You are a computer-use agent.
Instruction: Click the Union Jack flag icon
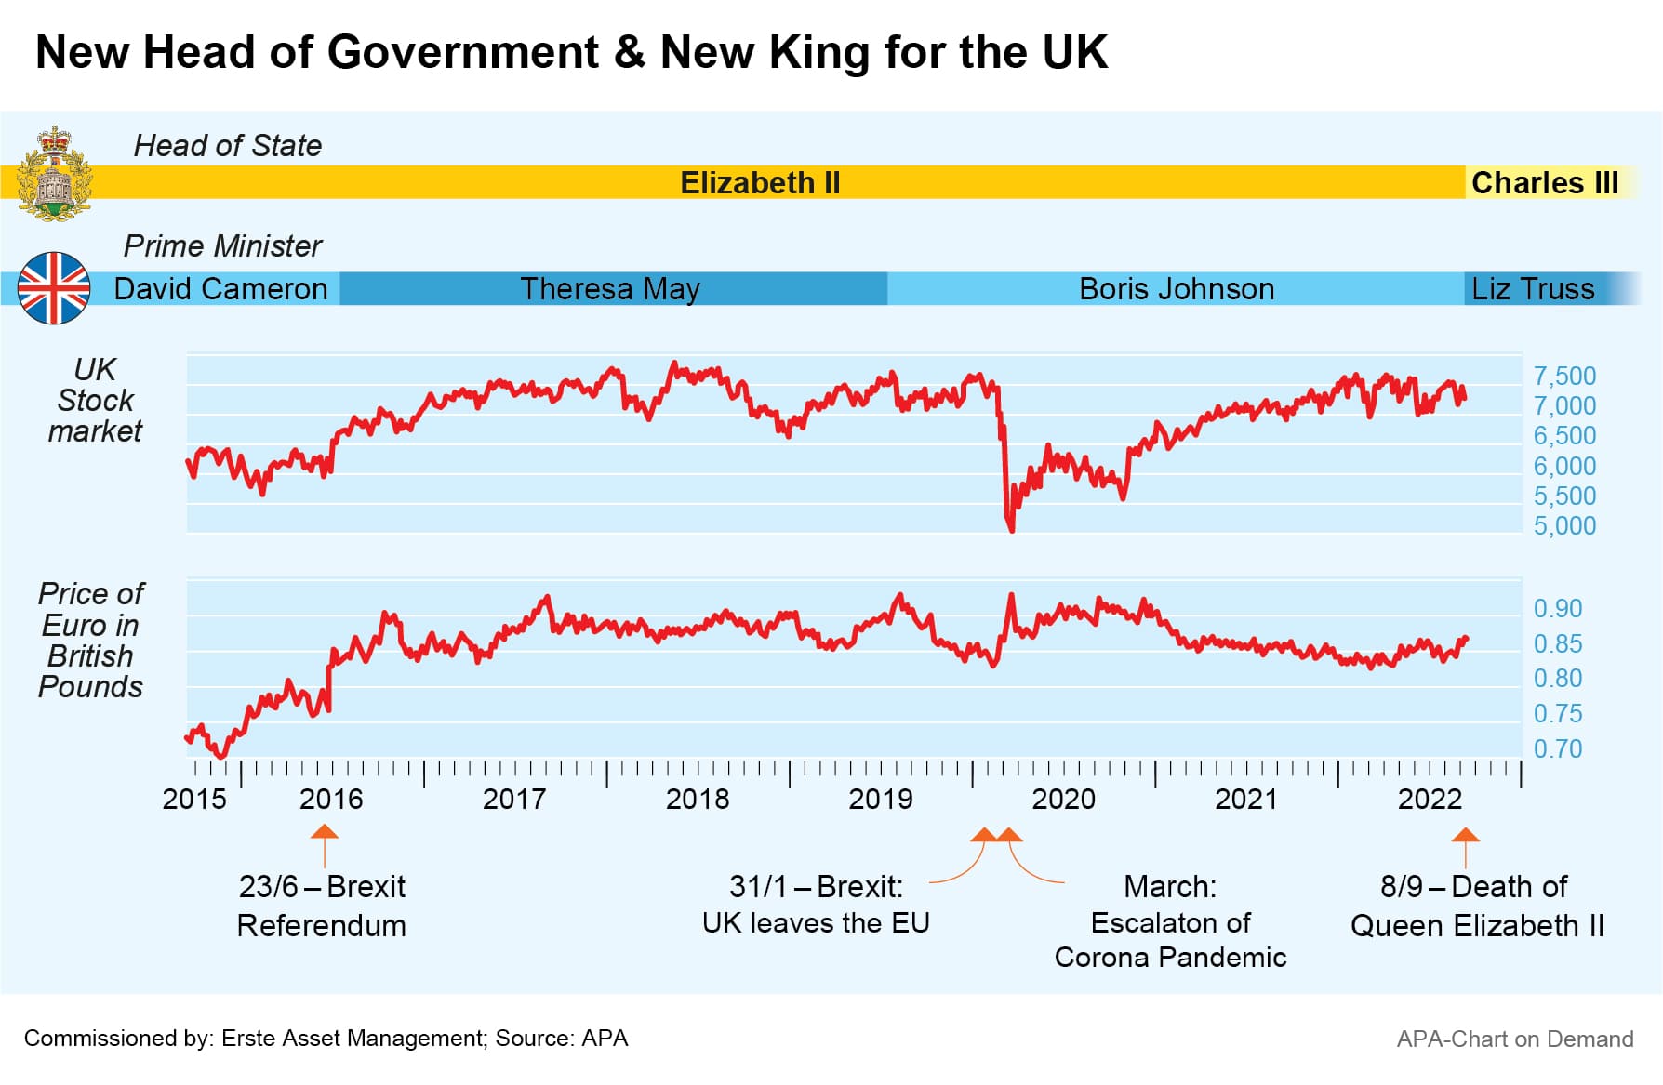(x=54, y=288)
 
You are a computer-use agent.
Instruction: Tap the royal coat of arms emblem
(x=56, y=174)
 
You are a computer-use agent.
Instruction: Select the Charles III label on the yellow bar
(x=1545, y=183)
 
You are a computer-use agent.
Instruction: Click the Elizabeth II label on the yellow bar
(x=760, y=183)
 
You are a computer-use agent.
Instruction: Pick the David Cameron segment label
(x=220, y=289)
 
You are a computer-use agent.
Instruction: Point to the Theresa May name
(x=609, y=289)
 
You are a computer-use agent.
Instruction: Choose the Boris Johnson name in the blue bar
(x=1176, y=289)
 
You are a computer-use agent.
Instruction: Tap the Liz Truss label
(x=1532, y=289)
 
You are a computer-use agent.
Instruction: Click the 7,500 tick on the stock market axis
(x=1564, y=377)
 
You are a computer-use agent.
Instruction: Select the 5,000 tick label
(x=1564, y=526)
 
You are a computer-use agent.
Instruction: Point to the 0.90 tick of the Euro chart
(x=1558, y=609)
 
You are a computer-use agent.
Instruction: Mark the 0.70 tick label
(x=1558, y=749)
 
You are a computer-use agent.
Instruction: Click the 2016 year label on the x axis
(x=331, y=800)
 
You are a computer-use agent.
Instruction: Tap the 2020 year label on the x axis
(x=1063, y=800)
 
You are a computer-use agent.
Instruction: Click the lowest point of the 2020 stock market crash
(x=1011, y=529)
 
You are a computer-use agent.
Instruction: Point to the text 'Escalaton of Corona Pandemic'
(x=1170, y=940)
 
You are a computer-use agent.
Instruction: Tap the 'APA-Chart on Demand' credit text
(x=1514, y=1039)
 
